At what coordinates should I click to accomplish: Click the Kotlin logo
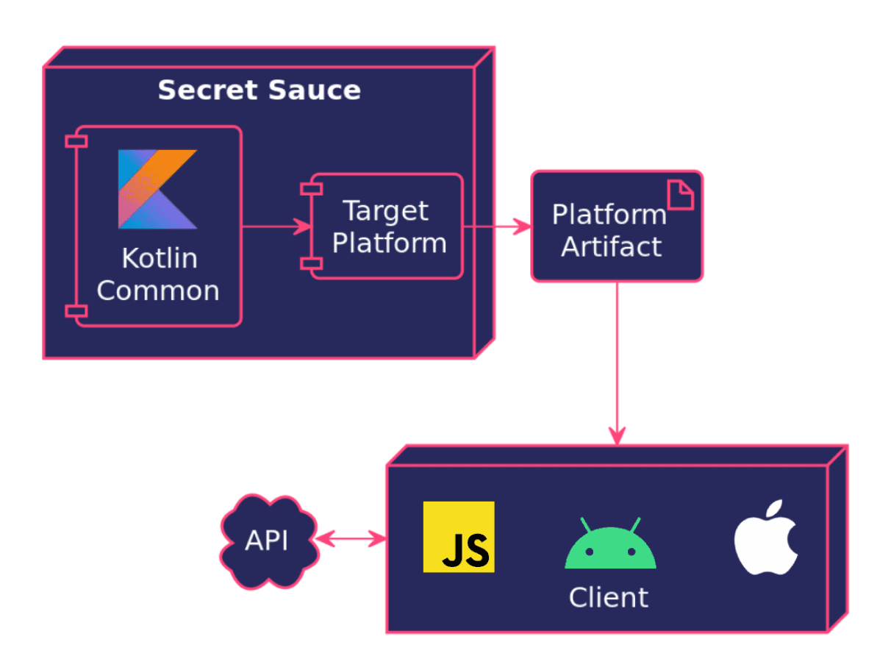click(x=157, y=189)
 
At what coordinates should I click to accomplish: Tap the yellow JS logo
click(x=459, y=537)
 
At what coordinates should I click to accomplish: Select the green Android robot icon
click(x=610, y=546)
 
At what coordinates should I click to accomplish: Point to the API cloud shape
click(x=268, y=542)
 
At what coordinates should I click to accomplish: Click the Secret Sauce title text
click(x=259, y=90)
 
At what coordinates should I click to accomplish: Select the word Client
click(x=609, y=597)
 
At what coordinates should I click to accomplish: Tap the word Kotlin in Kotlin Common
click(x=159, y=259)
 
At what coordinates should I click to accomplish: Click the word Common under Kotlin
click(x=158, y=290)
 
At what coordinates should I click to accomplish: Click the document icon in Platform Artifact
click(x=680, y=196)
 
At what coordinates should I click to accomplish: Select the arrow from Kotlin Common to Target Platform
click(x=272, y=227)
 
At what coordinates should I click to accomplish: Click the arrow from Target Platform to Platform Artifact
click(x=497, y=227)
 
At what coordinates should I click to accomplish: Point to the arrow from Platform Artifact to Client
click(x=617, y=360)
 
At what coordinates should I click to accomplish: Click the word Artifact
click(x=611, y=247)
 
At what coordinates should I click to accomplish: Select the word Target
click(x=386, y=211)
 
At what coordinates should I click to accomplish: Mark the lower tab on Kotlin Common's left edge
click(x=76, y=311)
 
